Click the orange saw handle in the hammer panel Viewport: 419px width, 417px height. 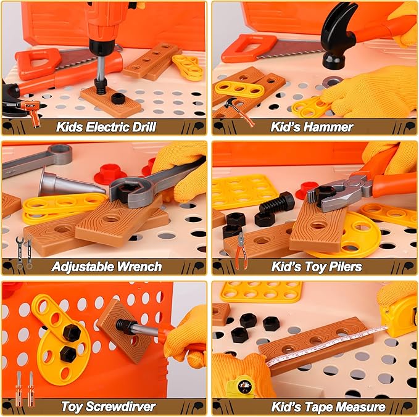point(240,48)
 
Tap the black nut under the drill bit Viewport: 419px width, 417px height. point(118,98)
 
